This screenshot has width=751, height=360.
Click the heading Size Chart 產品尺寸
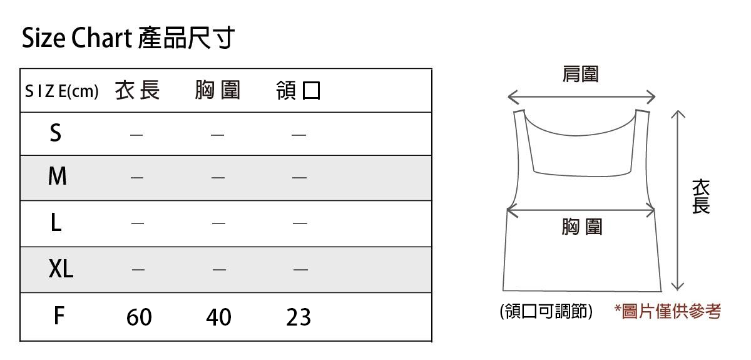(x=128, y=38)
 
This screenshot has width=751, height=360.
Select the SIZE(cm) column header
(x=62, y=91)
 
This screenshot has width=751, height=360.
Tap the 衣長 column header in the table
(x=138, y=91)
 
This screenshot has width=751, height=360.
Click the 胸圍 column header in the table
(x=217, y=91)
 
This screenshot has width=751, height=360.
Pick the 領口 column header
(x=299, y=91)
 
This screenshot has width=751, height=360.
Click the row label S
(x=56, y=133)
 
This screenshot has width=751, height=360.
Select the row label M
(x=57, y=177)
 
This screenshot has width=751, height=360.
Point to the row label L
(x=56, y=222)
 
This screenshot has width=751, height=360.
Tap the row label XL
(x=61, y=269)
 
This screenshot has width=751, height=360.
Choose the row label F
(x=58, y=316)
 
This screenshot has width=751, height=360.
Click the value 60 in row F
(x=139, y=317)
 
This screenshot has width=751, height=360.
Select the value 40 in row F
(x=218, y=317)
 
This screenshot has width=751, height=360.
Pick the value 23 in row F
(x=299, y=317)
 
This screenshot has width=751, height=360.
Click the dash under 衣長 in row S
(x=136, y=135)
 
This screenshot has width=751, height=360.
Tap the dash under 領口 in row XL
(x=300, y=270)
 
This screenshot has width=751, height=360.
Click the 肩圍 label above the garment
(x=581, y=75)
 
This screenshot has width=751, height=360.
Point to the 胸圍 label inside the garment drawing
(x=581, y=227)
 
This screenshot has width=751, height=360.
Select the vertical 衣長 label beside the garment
(x=701, y=196)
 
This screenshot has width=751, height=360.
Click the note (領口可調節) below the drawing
(x=546, y=311)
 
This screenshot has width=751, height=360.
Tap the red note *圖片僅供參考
(x=667, y=311)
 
